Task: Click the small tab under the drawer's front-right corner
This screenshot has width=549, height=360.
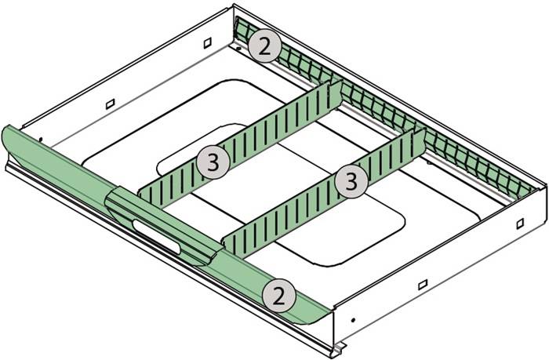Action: point(340,346)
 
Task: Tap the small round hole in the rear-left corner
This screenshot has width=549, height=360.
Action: point(238,46)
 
